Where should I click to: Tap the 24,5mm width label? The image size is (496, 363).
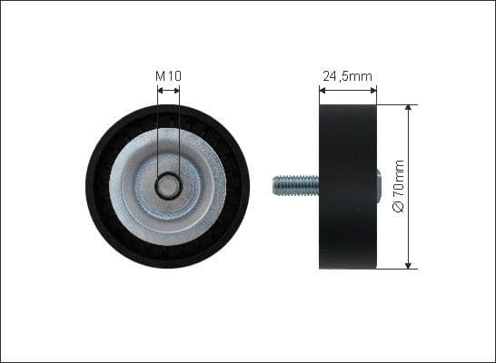point(349,76)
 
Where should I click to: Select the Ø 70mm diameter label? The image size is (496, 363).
point(397,186)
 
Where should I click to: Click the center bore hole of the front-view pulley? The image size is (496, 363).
point(168,186)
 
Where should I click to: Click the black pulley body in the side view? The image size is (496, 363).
point(349,186)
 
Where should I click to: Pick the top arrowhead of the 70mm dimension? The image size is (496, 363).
point(409,108)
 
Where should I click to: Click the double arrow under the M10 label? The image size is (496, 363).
point(168,90)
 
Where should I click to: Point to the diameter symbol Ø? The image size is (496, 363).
point(397,208)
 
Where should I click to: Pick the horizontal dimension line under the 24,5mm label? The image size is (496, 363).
point(349,90)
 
